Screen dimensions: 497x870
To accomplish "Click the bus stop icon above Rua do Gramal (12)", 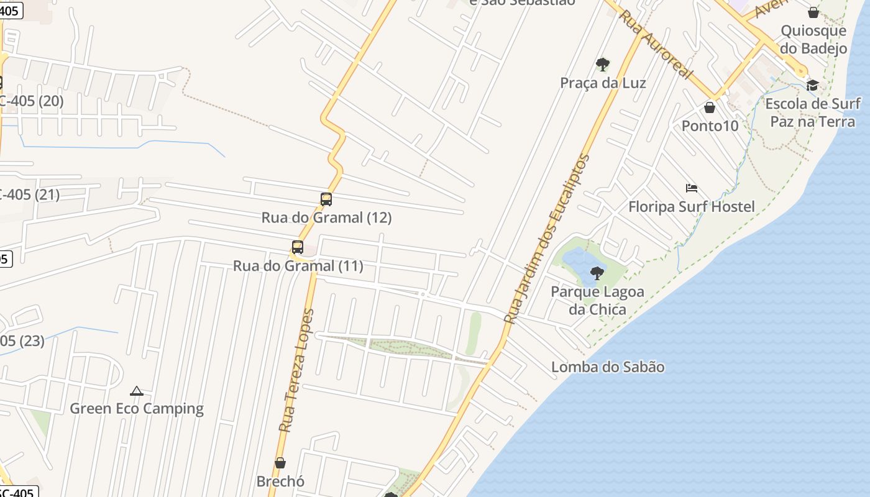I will click(x=326, y=199).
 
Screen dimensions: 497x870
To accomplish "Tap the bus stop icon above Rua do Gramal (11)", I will click(x=298, y=247).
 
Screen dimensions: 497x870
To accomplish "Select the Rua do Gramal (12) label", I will click(x=326, y=218).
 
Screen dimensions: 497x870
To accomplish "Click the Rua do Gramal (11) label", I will click(x=298, y=266).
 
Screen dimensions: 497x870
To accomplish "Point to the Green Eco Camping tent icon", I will click(x=137, y=391).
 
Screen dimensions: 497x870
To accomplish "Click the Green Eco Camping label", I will click(x=137, y=408).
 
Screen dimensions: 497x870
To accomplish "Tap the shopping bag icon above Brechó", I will click(x=280, y=463).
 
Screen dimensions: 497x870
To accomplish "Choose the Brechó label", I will click(x=280, y=481).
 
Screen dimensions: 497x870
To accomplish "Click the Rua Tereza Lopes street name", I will click(x=296, y=371).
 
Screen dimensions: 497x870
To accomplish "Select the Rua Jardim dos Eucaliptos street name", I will click(x=547, y=239).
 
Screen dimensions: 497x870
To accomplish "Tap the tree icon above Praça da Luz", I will click(x=602, y=64).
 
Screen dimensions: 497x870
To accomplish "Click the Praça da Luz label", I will click(x=603, y=83).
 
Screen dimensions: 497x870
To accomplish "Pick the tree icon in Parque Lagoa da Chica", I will click(x=597, y=273).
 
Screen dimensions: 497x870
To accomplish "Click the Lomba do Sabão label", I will click(x=608, y=367).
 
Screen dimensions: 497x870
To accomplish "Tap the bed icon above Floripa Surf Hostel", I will click(x=692, y=188).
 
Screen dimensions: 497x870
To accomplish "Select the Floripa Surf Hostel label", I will click(x=691, y=207).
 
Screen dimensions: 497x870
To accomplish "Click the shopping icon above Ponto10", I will click(x=710, y=107).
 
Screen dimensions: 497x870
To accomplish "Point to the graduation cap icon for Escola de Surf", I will click(x=812, y=85).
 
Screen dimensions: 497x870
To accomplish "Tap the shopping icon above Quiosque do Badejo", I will click(x=813, y=12).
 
